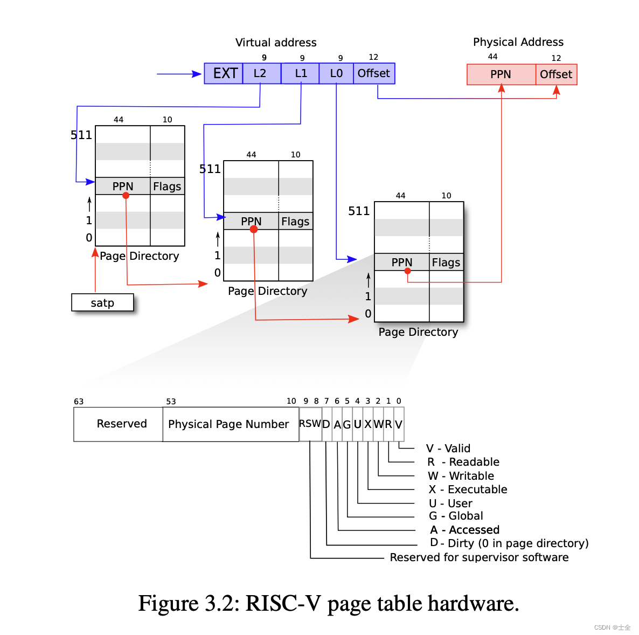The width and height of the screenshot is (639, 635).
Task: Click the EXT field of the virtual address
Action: (224, 73)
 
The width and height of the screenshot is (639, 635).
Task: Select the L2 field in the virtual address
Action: (261, 73)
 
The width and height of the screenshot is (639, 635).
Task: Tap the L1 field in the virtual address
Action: (300, 73)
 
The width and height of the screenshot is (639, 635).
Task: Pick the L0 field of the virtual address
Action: (336, 73)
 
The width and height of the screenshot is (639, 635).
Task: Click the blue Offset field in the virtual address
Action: (373, 73)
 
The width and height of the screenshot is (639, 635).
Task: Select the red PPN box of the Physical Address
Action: (501, 74)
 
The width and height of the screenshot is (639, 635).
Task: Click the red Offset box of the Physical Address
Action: (556, 74)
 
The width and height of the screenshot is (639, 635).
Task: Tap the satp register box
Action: (102, 303)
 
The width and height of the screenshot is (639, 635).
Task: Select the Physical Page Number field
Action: (230, 424)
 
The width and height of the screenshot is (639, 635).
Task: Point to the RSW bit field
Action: (310, 424)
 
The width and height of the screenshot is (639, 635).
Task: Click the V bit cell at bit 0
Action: (399, 424)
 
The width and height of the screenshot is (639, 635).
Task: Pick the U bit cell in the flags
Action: (357, 424)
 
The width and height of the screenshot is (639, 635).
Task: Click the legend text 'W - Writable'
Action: (461, 476)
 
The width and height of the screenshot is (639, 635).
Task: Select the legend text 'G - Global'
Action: (456, 516)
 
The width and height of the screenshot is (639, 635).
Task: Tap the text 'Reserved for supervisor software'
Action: (479, 557)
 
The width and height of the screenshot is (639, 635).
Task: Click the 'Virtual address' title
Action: (276, 43)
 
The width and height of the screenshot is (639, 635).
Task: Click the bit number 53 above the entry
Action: (171, 402)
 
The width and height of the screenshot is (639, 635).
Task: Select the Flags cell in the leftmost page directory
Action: (167, 187)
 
